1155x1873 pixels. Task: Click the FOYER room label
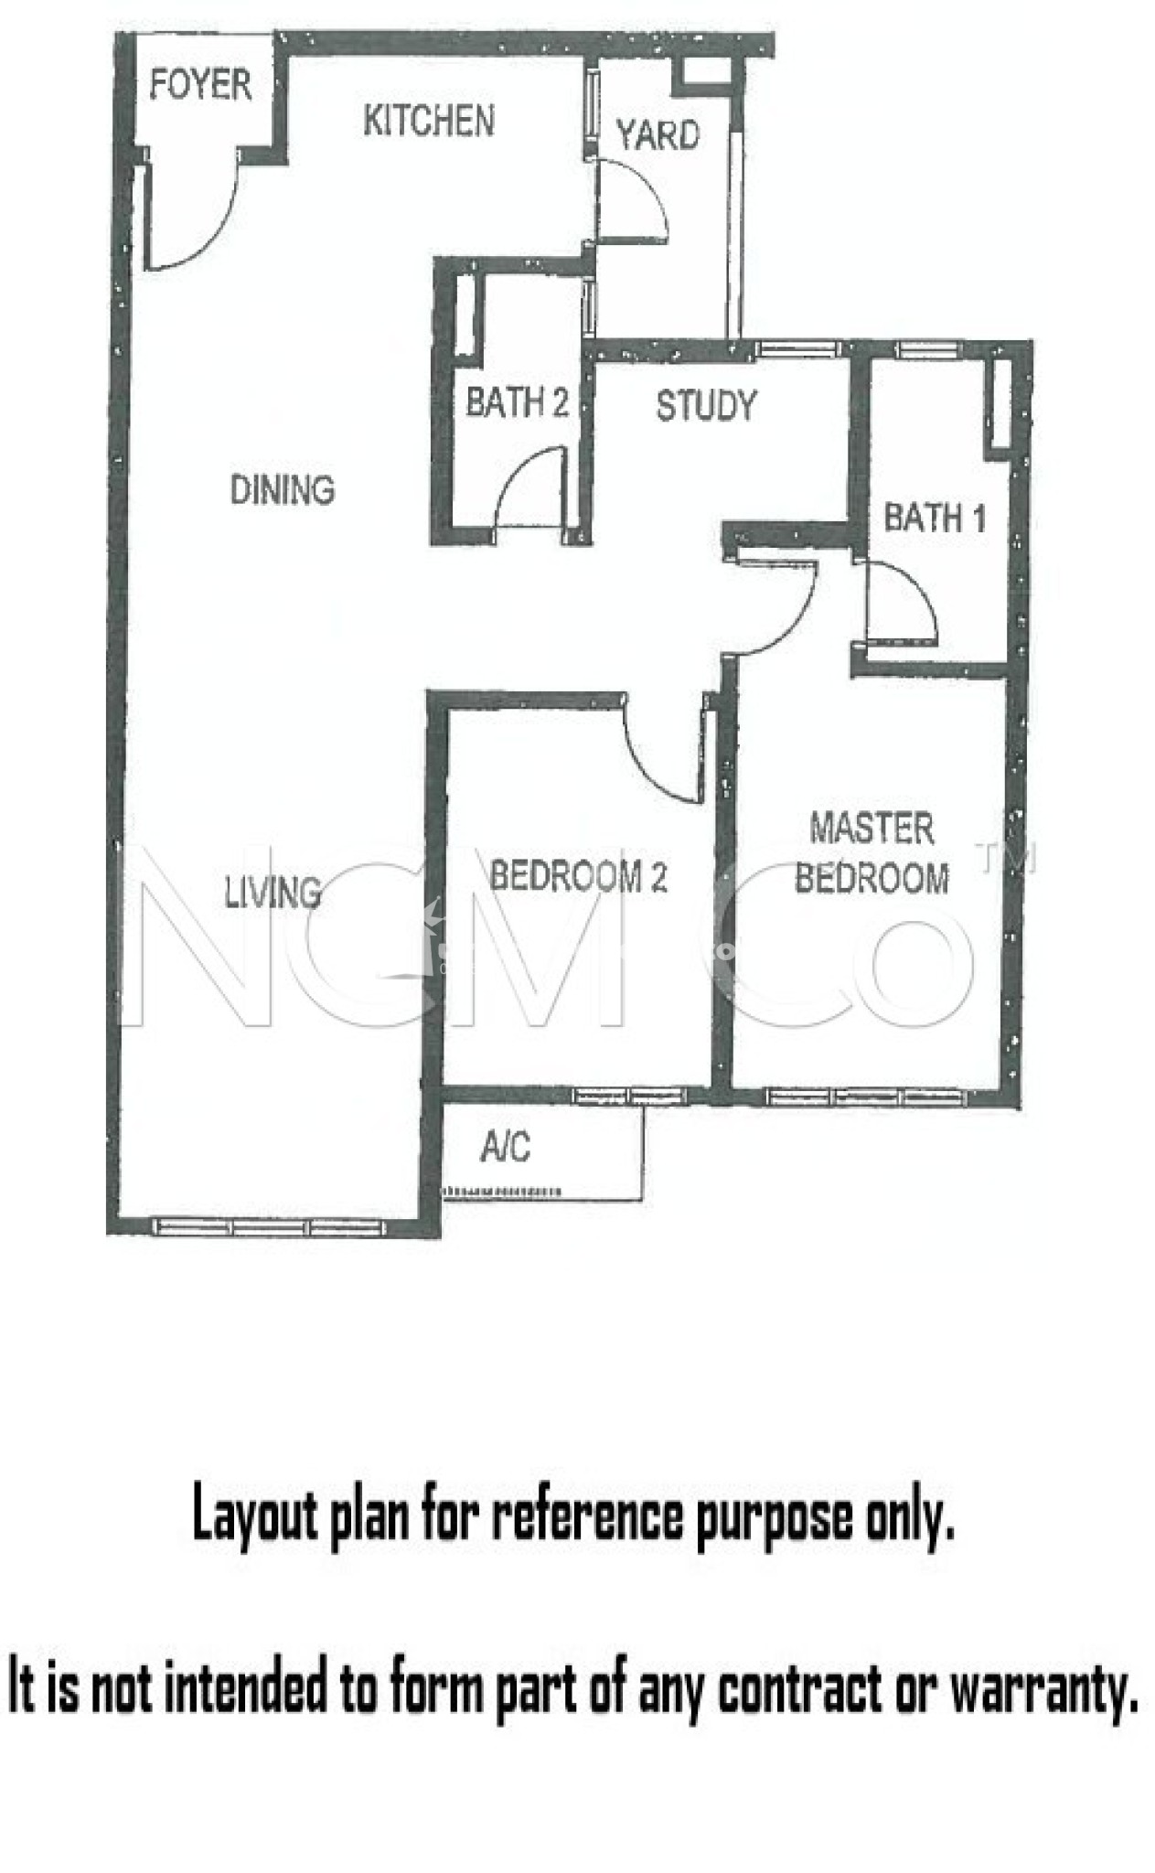(200, 84)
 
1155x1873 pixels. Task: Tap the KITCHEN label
(429, 121)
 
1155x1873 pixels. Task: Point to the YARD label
(658, 135)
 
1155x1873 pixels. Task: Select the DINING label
(282, 490)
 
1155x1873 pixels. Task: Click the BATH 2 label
(517, 401)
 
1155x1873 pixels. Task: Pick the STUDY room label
(706, 405)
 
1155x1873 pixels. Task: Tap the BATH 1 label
(934, 518)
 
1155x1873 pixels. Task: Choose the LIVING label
(273, 892)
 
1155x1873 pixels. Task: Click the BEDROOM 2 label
(578, 876)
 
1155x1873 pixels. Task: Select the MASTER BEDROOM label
(872, 853)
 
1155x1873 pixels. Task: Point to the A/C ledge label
(505, 1146)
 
